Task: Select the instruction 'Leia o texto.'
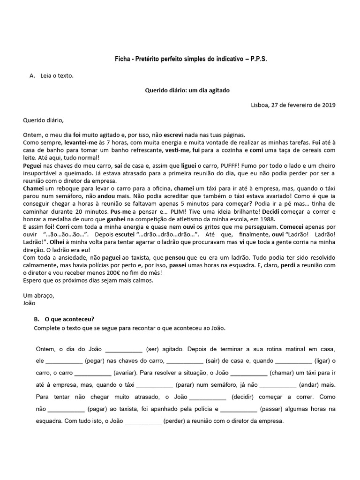(58, 75)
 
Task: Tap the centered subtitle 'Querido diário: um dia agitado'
(187, 90)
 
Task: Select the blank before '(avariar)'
(93, 373)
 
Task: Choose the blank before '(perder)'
(143, 421)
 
